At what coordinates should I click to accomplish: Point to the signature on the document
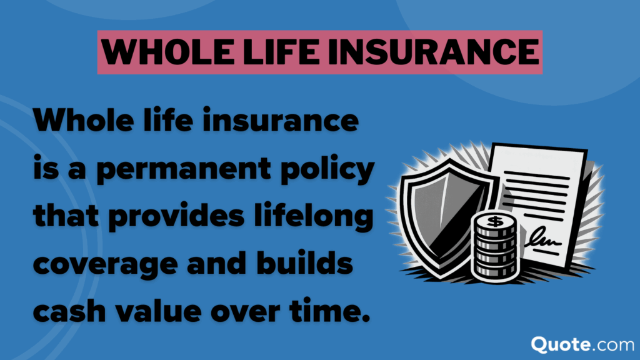[543, 239]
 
